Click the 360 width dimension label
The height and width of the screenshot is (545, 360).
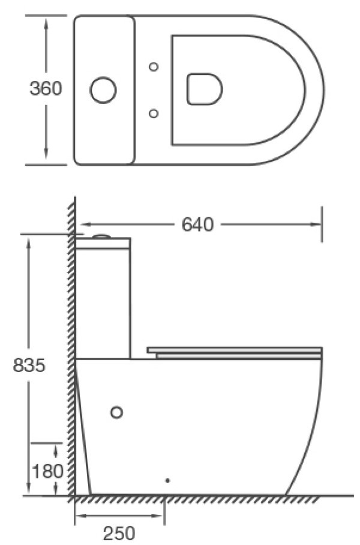pos(46,89)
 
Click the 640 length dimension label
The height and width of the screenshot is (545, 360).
pos(197,224)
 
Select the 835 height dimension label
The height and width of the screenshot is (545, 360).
pos(29,365)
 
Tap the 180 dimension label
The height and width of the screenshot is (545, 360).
pos(47,471)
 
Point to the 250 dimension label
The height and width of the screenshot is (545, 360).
pos(119,534)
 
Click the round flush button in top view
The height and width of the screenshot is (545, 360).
pos(103,89)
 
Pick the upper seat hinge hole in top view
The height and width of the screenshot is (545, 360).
pos(154,67)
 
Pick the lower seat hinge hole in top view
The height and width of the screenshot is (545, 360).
pos(154,113)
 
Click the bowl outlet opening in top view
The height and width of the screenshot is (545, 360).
pos(205,89)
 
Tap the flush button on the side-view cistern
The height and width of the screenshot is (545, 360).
pos(102,236)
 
